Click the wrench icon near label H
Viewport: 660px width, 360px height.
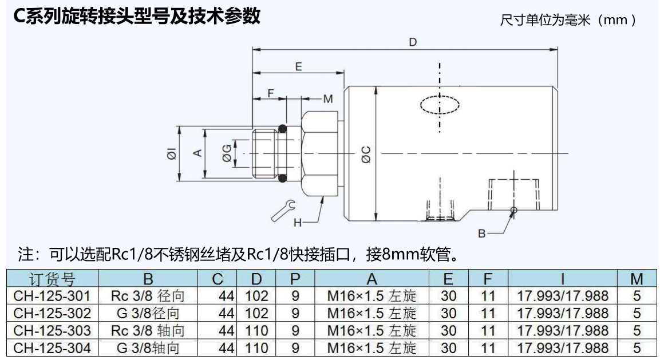point(282,210)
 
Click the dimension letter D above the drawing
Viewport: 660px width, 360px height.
point(412,42)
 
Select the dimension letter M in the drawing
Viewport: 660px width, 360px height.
point(327,99)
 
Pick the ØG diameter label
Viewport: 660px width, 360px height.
point(227,153)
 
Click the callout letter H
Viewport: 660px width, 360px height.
point(298,223)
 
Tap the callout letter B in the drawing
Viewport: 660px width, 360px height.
point(481,234)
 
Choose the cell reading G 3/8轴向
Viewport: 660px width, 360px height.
point(148,347)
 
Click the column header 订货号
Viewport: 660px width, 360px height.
point(52,279)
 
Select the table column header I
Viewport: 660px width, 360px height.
point(563,279)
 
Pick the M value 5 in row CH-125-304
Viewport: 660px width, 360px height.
point(637,347)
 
